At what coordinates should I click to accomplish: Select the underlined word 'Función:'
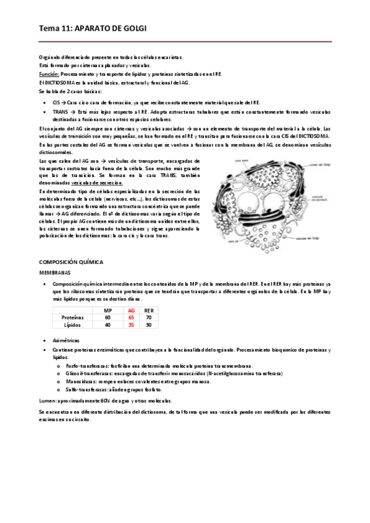point(49,73)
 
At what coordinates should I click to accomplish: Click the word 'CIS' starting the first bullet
point(56,103)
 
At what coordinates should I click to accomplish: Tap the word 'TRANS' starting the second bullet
point(60,112)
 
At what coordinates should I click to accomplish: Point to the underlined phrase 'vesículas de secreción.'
point(98,183)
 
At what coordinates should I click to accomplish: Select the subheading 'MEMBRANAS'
point(55,271)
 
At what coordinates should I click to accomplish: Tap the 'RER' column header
point(148,310)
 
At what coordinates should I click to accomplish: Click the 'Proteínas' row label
point(74,317)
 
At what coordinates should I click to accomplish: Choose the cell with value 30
point(148,324)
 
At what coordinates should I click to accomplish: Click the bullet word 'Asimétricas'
point(66,340)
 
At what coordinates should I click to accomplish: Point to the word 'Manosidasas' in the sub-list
point(80,382)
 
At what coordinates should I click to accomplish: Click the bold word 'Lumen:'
point(48,400)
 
